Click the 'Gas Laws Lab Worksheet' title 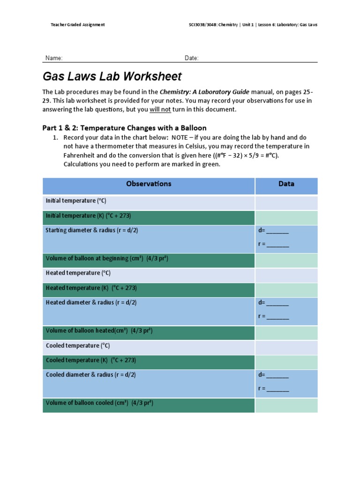pos(112,76)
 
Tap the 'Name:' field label pos(54,58)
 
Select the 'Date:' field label pos(191,58)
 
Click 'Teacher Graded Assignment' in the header pos(78,24)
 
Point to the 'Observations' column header pos(149,184)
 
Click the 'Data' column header pos(286,184)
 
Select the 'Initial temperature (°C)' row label pos(76,201)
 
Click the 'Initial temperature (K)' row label pos(88,216)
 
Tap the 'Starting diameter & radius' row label pos(92,230)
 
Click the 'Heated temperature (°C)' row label pos(78,273)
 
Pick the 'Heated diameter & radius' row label pos(91,302)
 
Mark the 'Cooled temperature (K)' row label pos(91,360)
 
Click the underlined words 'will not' pos(160,110)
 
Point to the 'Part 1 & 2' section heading pos(124,128)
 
